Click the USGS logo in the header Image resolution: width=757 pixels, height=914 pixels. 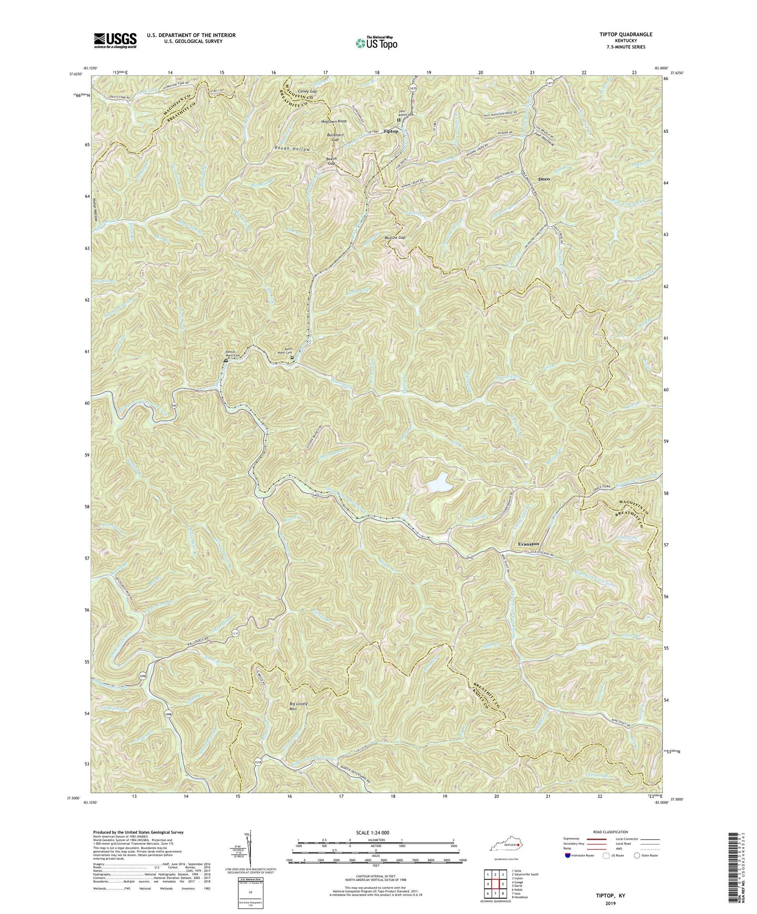tap(115, 40)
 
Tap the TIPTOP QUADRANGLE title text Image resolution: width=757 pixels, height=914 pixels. tap(623, 35)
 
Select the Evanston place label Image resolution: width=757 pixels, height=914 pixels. tap(528, 544)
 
